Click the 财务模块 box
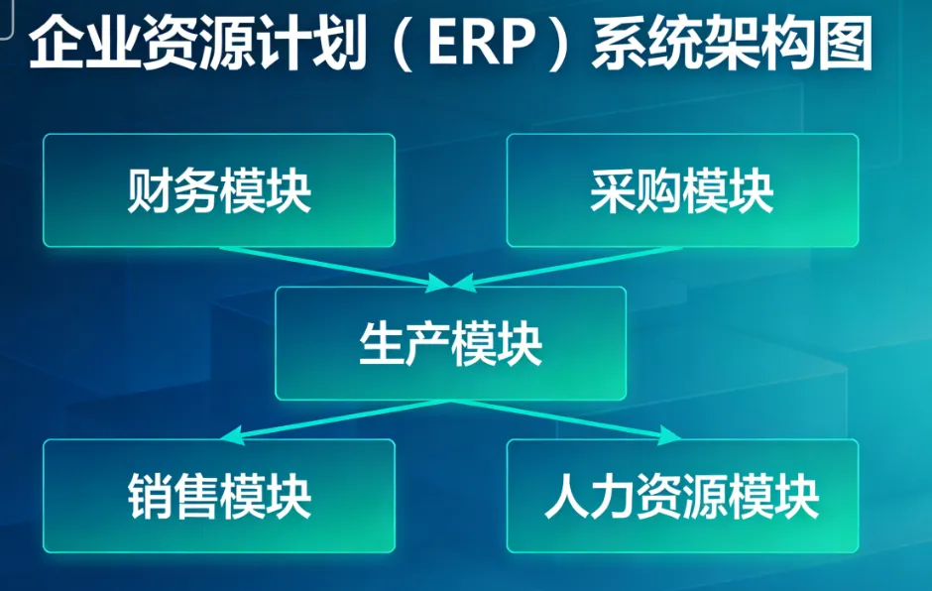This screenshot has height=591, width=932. tap(218, 190)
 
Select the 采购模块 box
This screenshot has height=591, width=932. tap(682, 190)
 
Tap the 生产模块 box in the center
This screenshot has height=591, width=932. tap(450, 343)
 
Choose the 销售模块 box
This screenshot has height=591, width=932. tap(218, 496)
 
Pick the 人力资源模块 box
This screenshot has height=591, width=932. tap(682, 496)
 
